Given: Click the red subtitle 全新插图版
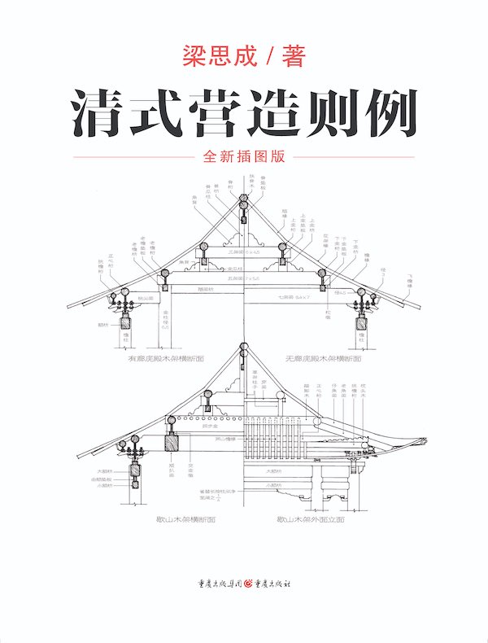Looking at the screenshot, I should [x=244, y=158].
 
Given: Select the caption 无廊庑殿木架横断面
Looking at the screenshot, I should [x=323, y=356].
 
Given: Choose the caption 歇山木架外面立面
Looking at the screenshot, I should [x=310, y=518].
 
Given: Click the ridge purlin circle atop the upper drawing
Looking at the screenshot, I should [x=243, y=206].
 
